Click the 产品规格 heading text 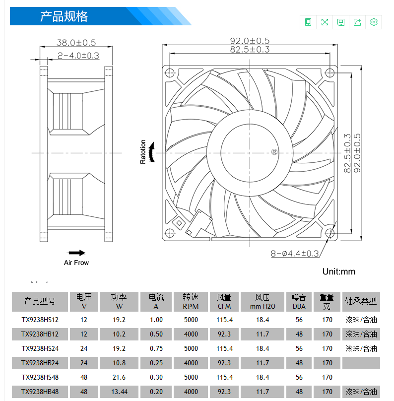pos(64,16)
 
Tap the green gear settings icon pos(374,22)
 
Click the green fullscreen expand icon pos(325,22)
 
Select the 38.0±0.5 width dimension pos(76,43)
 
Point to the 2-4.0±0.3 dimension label pos(78,56)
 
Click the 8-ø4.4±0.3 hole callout pos(295,254)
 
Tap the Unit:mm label pos(339,271)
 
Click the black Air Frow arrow pos(76,253)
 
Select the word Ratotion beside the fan pos(143,152)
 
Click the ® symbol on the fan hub pos(274,152)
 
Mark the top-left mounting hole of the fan pos(170,73)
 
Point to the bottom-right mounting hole pos(329,233)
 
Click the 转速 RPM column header pos(191,302)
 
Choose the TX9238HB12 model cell pos(40,334)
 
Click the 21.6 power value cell pos(119,377)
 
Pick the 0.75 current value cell pos(156,348)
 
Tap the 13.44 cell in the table pos(119,392)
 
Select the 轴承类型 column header pos(361,302)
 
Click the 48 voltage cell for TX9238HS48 pos(84,377)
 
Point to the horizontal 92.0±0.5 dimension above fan pos(250,41)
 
